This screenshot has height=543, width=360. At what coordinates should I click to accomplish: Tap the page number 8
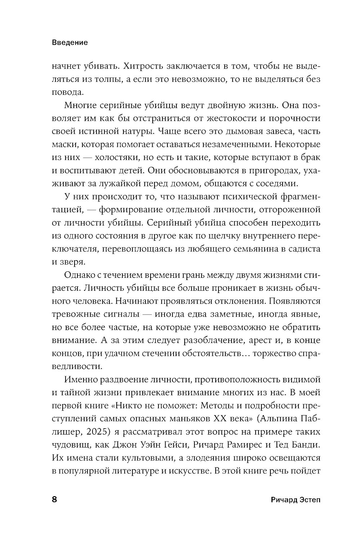coord(55,500)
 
